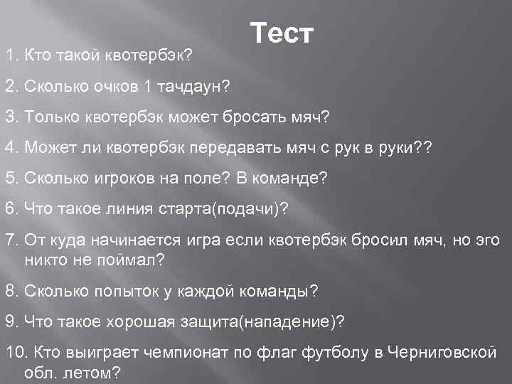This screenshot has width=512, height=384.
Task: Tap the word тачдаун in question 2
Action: point(190,86)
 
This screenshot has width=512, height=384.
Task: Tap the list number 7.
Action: point(11,240)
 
